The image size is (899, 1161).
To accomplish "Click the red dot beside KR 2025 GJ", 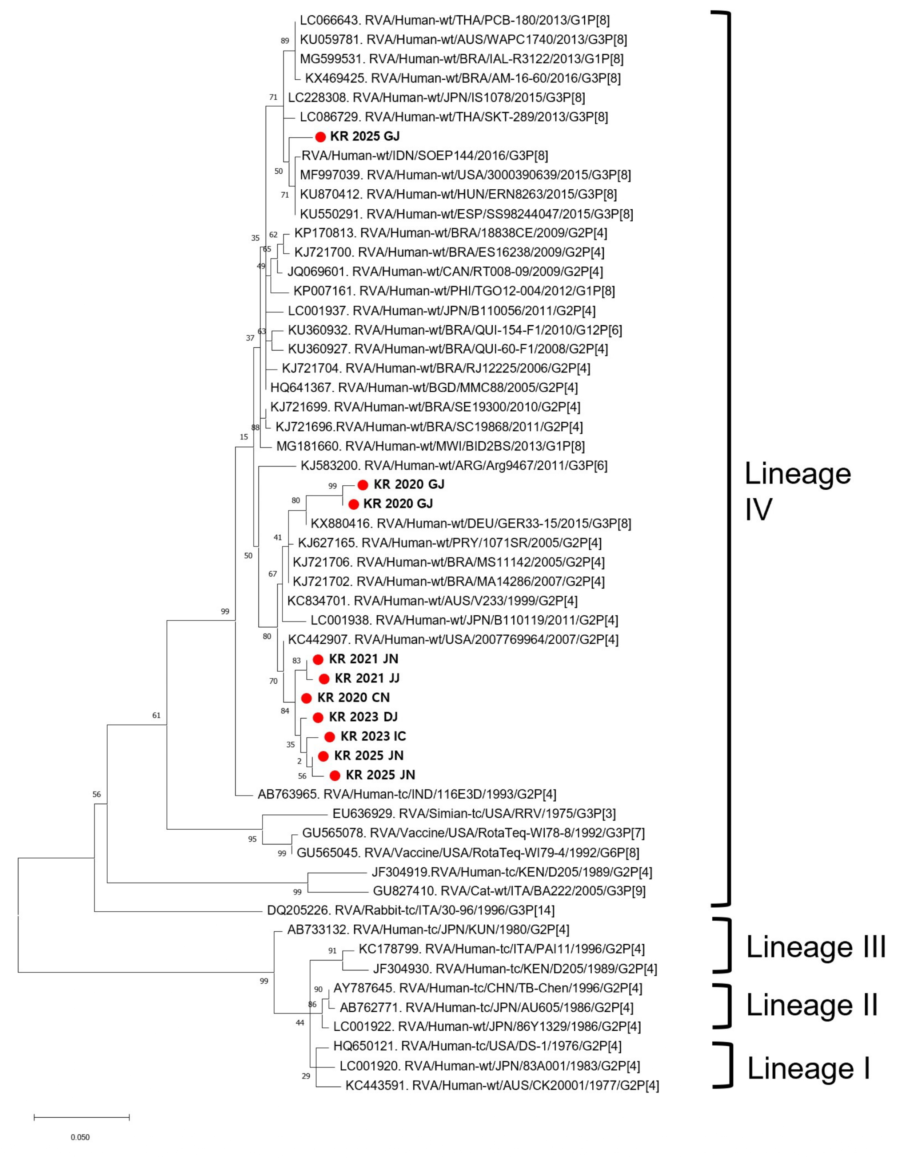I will pos(321,137).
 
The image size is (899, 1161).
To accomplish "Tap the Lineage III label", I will pos(816,947).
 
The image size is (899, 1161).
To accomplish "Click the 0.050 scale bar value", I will pos(80,1137).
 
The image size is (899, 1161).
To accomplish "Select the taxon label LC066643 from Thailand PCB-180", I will pos(454,20).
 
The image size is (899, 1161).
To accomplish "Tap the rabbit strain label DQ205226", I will pos(410,910).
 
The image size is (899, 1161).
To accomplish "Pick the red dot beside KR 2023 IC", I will pos(329,737).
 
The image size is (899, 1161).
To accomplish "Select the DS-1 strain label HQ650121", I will pos(477,1046).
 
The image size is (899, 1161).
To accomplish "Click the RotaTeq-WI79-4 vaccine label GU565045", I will pos(468,853).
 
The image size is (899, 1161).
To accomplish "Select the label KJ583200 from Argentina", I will pos(454,466).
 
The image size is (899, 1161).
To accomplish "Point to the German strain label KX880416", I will pos(471,524).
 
